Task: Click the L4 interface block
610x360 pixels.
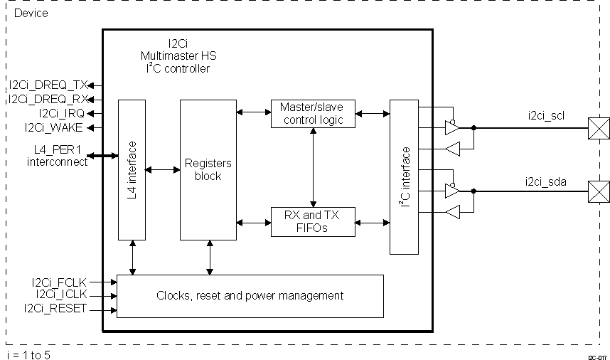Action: click(132, 170)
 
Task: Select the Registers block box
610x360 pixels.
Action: click(208, 170)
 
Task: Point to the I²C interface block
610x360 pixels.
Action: click(405, 176)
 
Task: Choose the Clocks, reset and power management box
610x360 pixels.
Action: click(250, 295)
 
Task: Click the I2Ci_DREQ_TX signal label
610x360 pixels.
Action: click(48, 85)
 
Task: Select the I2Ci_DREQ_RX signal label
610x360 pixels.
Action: click(48, 99)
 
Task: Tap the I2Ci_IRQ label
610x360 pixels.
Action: click(62, 113)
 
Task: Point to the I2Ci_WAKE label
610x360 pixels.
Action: click(54, 127)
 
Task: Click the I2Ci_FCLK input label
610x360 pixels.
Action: click(58, 282)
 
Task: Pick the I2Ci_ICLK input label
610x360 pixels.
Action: click(60, 294)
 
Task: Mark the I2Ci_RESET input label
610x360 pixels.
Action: click(55, 308)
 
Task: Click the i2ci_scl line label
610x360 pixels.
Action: click(547, 115)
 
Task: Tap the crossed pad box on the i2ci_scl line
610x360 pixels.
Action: click(598, 129)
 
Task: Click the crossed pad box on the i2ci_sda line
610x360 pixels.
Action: click(598, 191)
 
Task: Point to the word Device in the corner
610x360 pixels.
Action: click(31, 14)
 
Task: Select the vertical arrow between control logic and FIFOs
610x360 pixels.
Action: click(314, 167)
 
